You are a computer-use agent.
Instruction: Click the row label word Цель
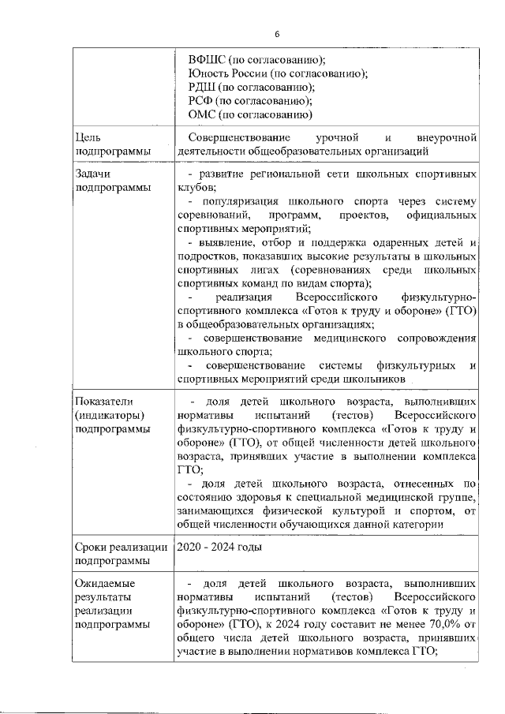coord(88,137)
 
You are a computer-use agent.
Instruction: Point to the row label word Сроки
coord(92,546)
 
